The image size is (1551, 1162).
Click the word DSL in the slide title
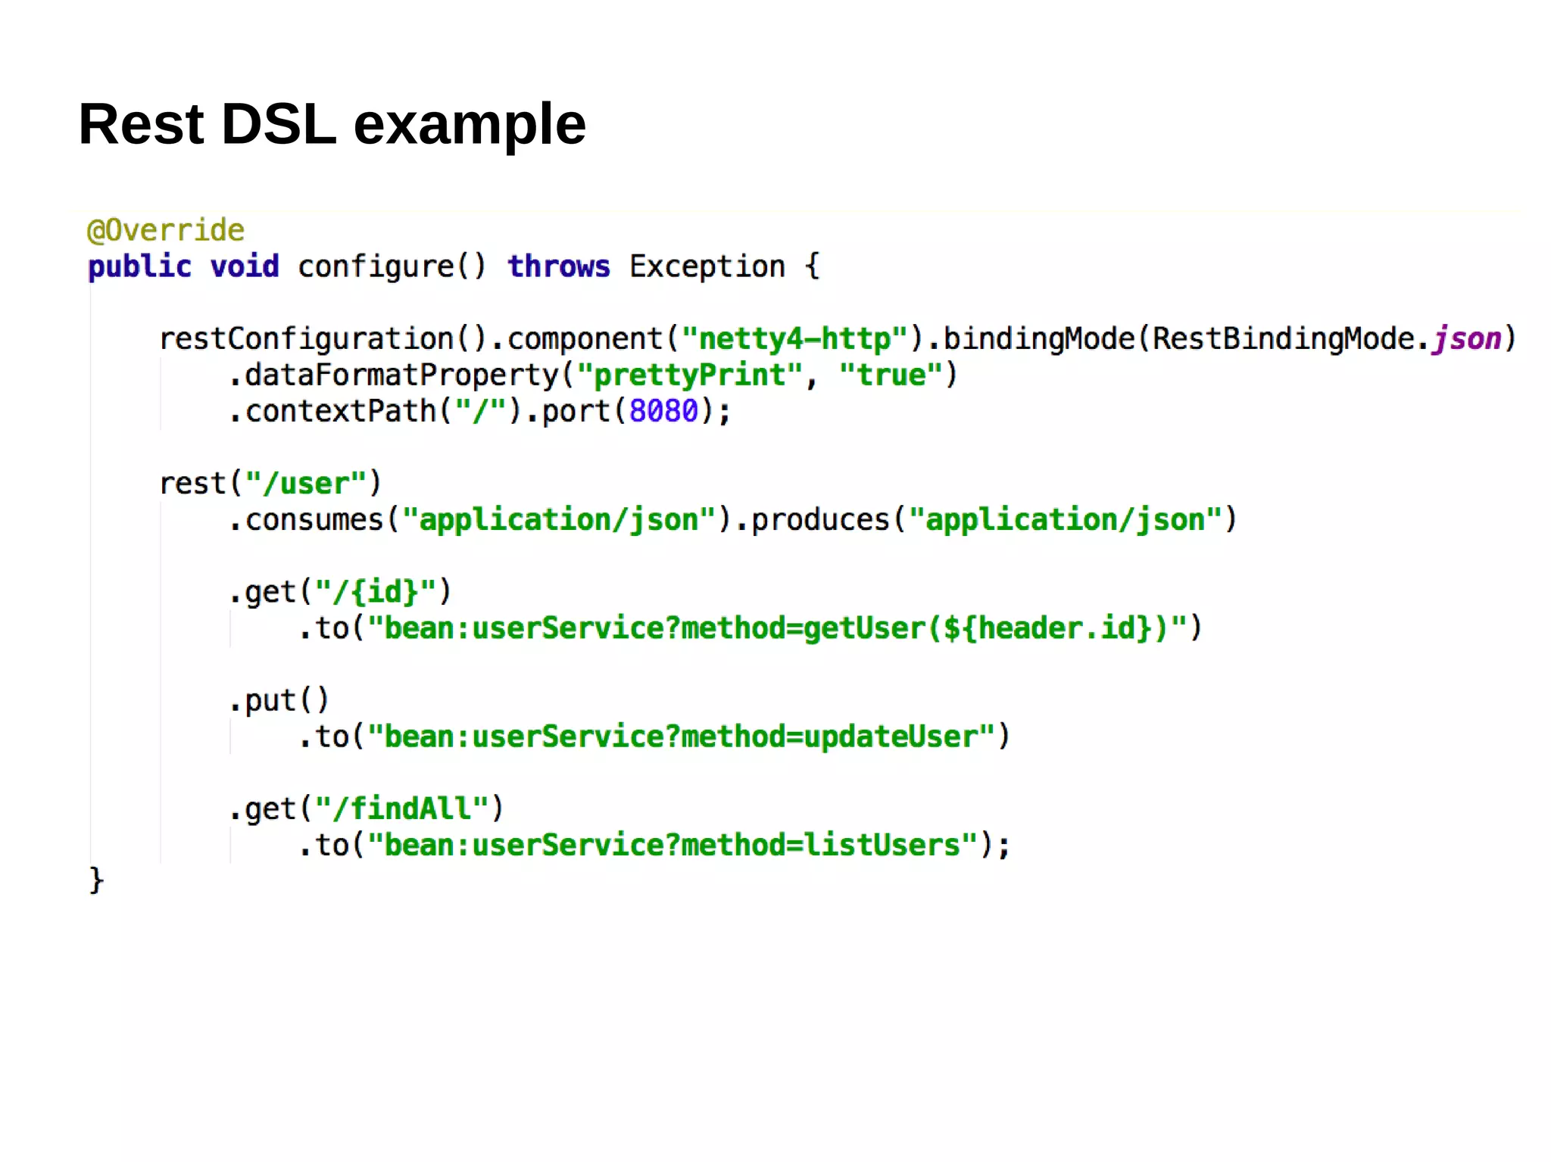click(279, 124)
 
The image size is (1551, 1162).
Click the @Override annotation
click(166, 230)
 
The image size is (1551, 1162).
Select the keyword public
click(140, 266)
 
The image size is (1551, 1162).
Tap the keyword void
click(245, 266)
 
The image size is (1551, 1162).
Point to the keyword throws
click(558, 266)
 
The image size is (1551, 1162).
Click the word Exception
click(707, 266)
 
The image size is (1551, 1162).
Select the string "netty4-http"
click(794, 338)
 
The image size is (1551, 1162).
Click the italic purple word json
click(1467, 338)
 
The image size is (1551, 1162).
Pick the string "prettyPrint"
click(689, 375)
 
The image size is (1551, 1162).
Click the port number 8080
click(663, 411)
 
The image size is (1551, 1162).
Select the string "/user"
click(306, 483)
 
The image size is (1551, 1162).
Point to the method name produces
click(819, 519)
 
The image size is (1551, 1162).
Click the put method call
click(279, 700)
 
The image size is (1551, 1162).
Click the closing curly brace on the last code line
click(96, 880)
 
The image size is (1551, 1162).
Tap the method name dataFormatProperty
click(401, 375)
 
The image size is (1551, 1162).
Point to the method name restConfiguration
click(306, 338)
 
